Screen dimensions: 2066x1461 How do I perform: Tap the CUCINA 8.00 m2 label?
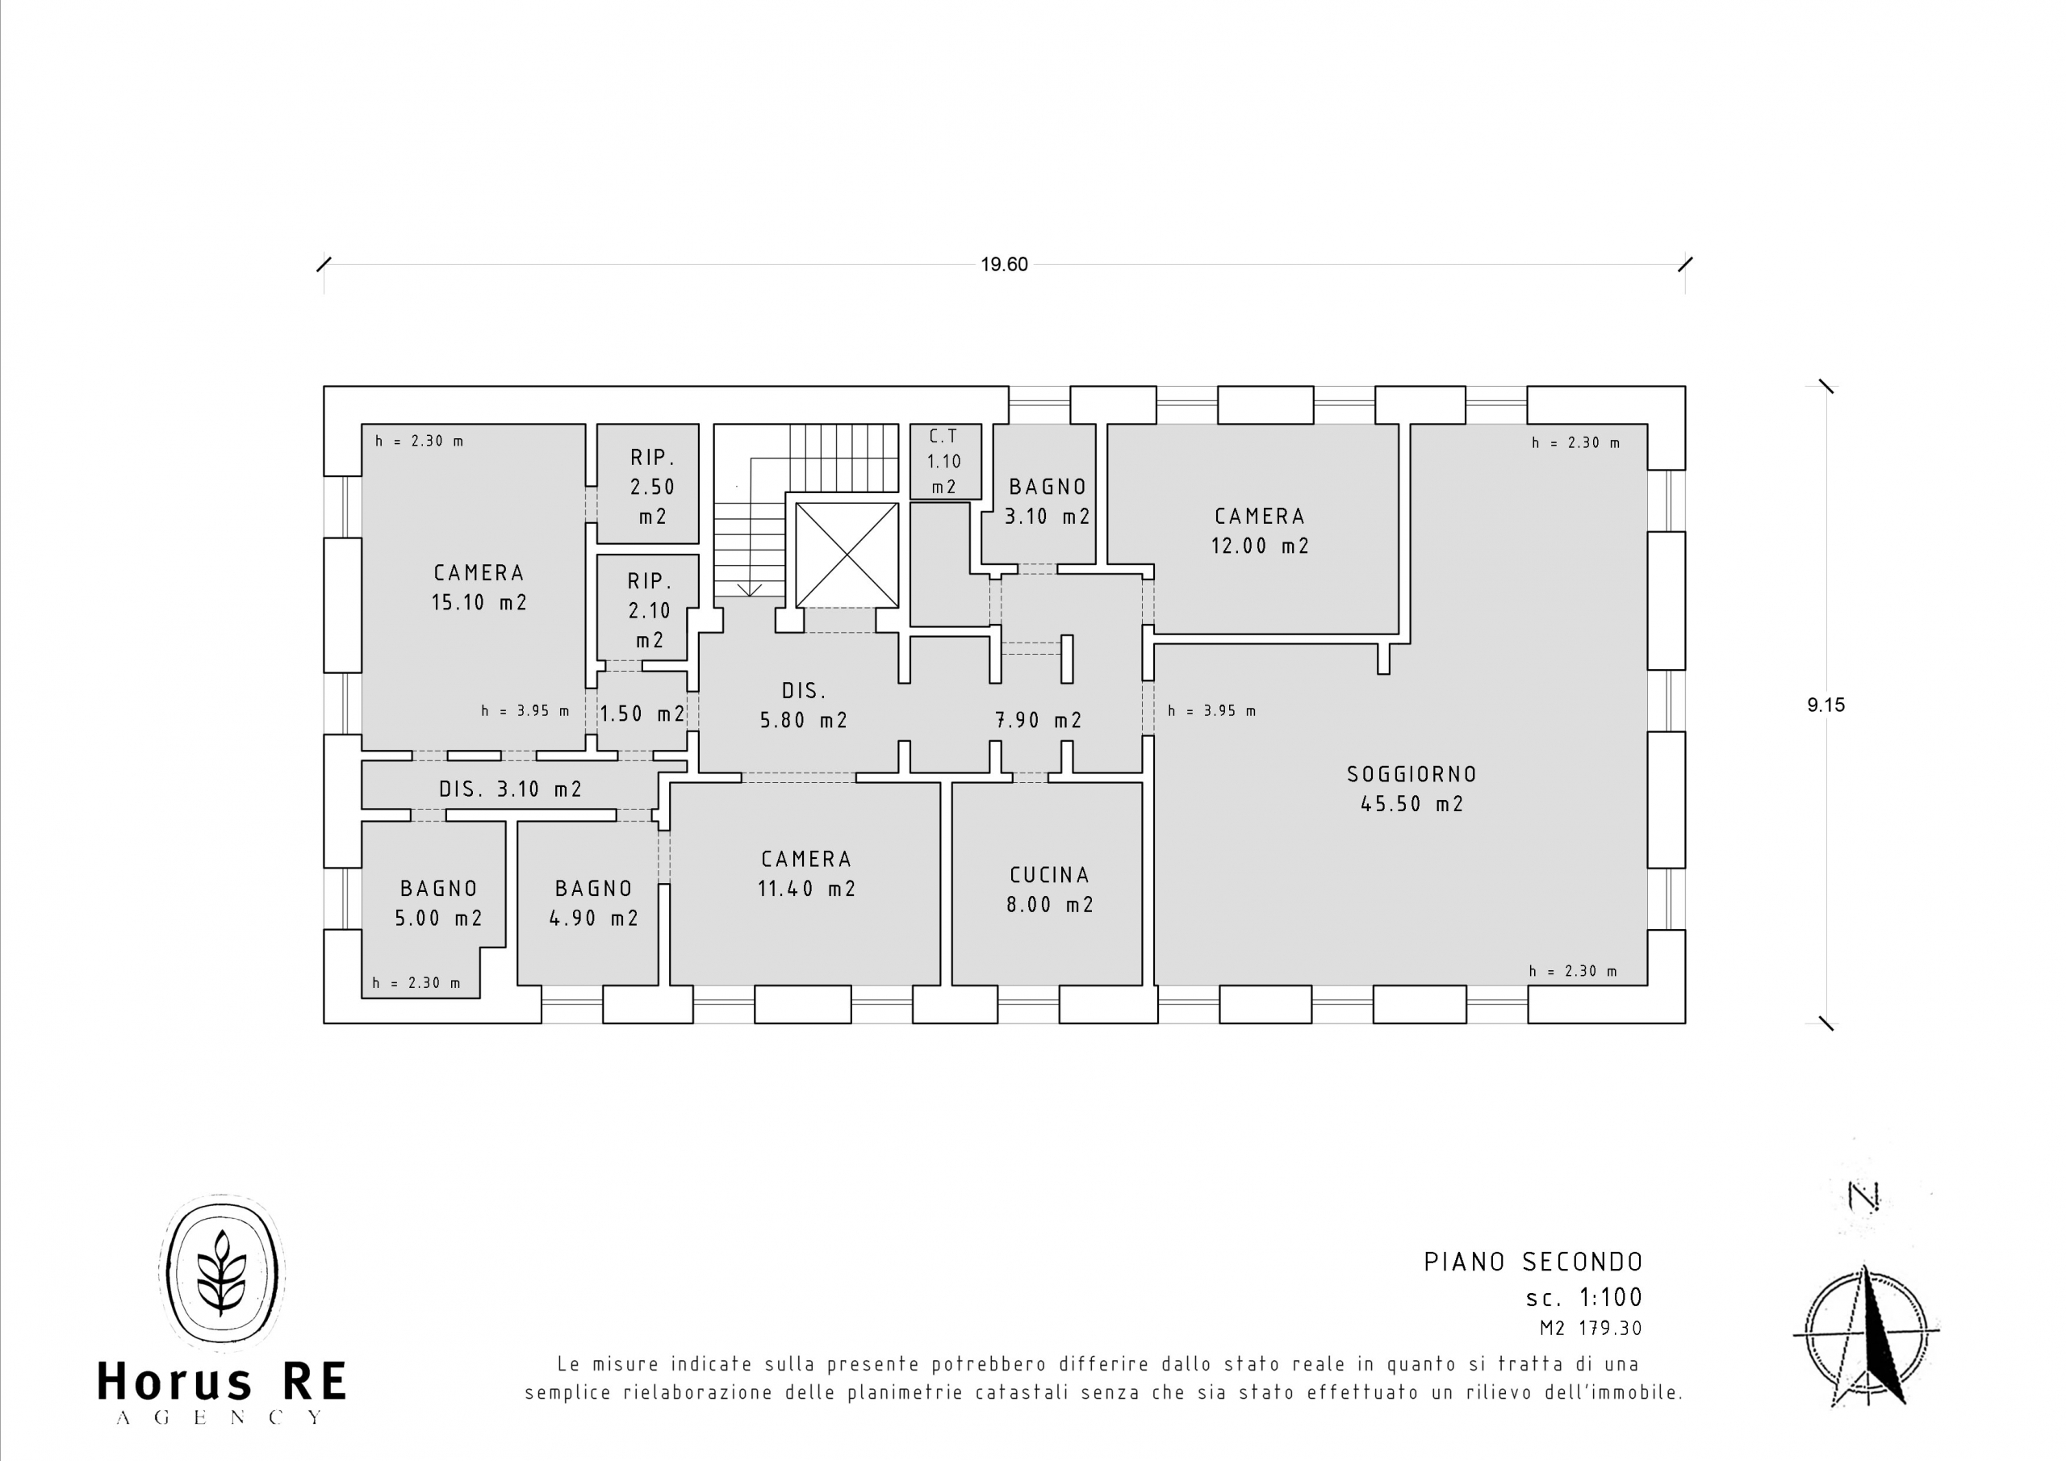(1049, 890)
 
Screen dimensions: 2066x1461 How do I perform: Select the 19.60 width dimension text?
(1004, 265)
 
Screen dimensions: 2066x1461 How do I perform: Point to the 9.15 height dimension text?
(1826, 705)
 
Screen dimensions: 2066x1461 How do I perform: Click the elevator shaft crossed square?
(847, 555)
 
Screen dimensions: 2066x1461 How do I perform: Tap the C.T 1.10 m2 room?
(945, 461)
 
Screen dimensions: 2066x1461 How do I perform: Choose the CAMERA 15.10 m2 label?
(479, 587)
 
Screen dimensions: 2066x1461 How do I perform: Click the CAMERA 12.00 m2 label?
(1260, 530)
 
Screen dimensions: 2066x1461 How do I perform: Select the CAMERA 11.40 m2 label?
(806, 873)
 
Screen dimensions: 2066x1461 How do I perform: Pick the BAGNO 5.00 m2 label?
(439, 903)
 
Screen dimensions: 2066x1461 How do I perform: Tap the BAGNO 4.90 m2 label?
(594, 903)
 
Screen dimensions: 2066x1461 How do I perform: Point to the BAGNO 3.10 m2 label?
(1048, 501)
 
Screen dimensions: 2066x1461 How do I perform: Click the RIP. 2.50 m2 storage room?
(648, 484)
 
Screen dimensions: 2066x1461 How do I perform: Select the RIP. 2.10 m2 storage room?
(647, 607)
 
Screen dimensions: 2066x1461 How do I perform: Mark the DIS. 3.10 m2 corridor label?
(510, 789)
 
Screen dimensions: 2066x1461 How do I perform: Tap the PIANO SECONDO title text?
(1533, 1262)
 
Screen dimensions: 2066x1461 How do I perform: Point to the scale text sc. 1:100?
(1584, 1298)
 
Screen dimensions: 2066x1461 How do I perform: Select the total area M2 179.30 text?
(1591, 1329)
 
